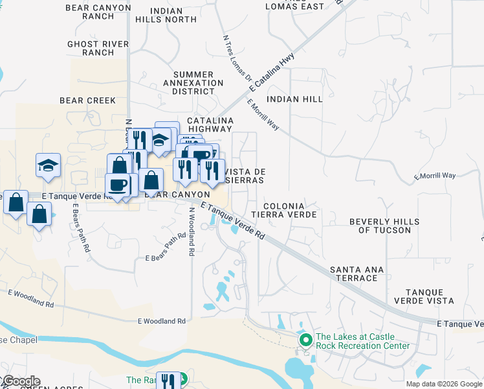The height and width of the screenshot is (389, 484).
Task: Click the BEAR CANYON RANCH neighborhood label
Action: pyautogui.click(x=99, y=11)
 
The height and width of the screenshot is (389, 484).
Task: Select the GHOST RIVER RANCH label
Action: pyautogui.click(x=91, y=48)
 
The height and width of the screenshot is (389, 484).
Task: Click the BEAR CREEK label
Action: pyautogui.click(x=87, y=100)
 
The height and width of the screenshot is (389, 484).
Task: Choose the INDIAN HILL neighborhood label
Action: pyautogui.click(x=294, y=99)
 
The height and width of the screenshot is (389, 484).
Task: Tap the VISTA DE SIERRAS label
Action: pyautogui.click(x=245, y=176)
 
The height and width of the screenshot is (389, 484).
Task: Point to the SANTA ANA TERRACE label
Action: pyautogui.click(x=357, y=274)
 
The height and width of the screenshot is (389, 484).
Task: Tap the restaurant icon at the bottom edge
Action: pyautogui.click(x=169, y=380)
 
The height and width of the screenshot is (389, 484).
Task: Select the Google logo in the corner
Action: pyautogui.click(x=21, y=381)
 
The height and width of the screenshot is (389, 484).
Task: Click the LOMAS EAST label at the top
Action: pyautogui.click(x=295, y=6)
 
